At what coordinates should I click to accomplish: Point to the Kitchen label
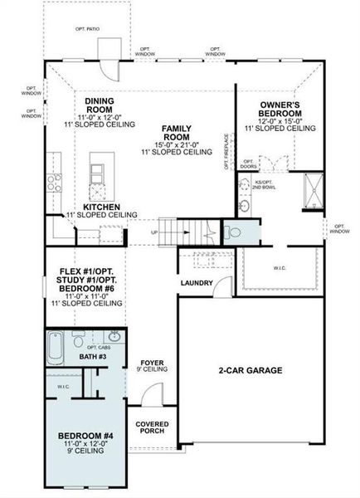[102, 206]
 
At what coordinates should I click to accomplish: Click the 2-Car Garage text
[251, 370]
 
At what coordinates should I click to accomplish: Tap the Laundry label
[197, 283]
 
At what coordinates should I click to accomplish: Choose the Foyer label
[153, 363]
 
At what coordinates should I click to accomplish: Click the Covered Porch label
[153, 427]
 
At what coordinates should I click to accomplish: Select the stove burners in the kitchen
[54, 183]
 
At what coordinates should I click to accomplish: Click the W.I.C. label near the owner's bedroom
[280, 267]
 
